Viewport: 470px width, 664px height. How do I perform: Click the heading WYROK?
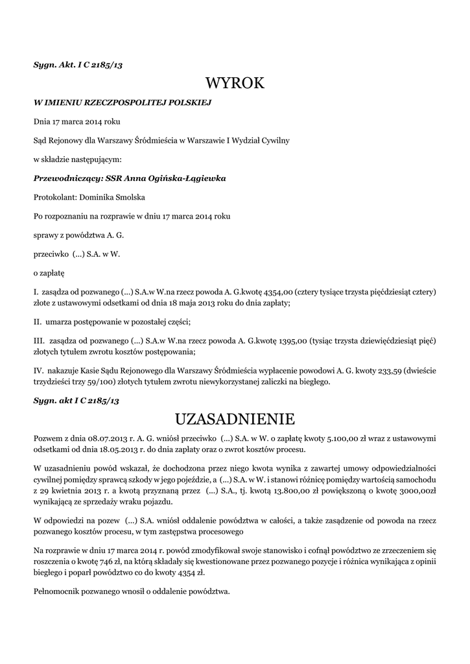pyautogui.click(x=235, y=83)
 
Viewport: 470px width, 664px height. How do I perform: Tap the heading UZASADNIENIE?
pyautogui.click(x=235, y=417)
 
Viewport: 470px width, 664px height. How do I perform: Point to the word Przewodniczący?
pyautogui.click(x=64, y=178)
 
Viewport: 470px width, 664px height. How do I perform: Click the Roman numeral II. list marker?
pyautogui.click(x=38, y=321)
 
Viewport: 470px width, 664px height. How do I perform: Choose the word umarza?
pyautogui.click(x=60, y=321)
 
